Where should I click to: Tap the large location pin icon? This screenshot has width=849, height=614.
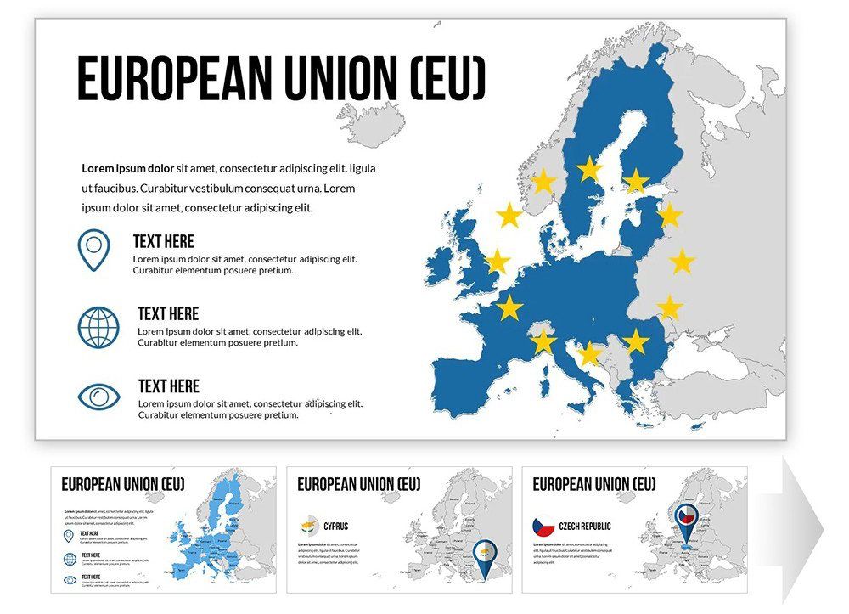click(x=93, y=250)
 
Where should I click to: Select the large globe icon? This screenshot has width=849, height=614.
click(x=98, y=327)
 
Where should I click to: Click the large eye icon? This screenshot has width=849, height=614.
click(x=99, y=397)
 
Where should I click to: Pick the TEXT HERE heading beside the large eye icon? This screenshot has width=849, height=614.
click(x=169, y=386)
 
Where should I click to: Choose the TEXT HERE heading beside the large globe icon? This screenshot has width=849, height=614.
click(x=168, y=314)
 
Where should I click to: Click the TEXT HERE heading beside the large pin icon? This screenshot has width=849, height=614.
click(x=163, y=242)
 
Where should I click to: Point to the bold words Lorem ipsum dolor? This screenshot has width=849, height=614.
click(x=127, y=168)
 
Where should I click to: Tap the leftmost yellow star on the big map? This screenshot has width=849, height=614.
click(x=496, y=262)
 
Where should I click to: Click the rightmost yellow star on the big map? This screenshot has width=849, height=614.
click(x=682, y=262)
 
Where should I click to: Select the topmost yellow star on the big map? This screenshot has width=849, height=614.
click(x=590, y=169)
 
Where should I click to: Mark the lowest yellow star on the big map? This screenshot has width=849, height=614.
click(x=589, y=353)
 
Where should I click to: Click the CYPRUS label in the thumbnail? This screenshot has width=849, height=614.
click(x=336, y=527)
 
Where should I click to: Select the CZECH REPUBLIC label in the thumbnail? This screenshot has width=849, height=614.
click(x=585, y=527)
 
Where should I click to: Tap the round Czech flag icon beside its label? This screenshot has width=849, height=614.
click(x=543, y=527)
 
